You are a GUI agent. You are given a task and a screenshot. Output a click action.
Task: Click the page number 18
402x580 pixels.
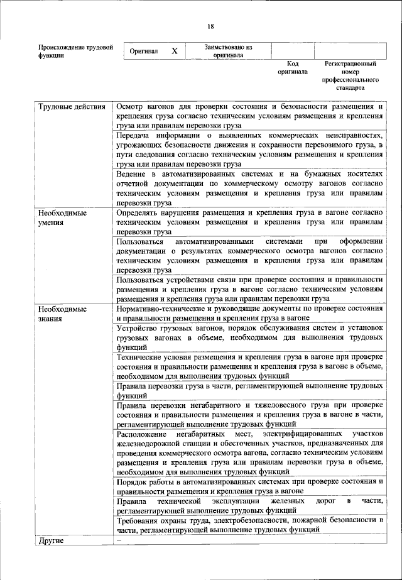tap(210, 26)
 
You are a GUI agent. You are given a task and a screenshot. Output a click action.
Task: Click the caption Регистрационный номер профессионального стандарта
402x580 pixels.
tap(350, 76)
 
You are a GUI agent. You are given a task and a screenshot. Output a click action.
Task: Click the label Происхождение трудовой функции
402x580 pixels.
tap(75, 51)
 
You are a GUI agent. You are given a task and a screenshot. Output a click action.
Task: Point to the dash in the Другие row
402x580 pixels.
tap(117, 540)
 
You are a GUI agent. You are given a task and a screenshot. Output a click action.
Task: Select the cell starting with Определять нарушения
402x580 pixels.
tap(249, 222)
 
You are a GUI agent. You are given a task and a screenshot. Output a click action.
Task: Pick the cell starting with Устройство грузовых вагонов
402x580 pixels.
tap(249, 337)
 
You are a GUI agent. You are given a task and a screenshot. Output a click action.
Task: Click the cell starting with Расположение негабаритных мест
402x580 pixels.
tap(249, 452)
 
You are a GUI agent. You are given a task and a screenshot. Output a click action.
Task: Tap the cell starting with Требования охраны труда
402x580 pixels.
tap(249, 525)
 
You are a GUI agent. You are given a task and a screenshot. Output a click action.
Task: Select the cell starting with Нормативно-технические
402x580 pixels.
tap(249, 314)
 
